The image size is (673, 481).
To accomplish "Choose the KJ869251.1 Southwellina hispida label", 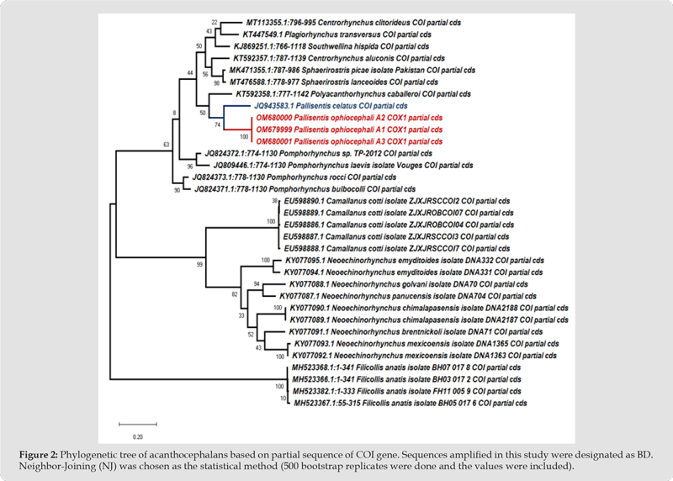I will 327,47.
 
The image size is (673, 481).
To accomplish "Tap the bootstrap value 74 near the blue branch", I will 217,124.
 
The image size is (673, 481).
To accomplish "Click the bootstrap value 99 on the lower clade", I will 200,265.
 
